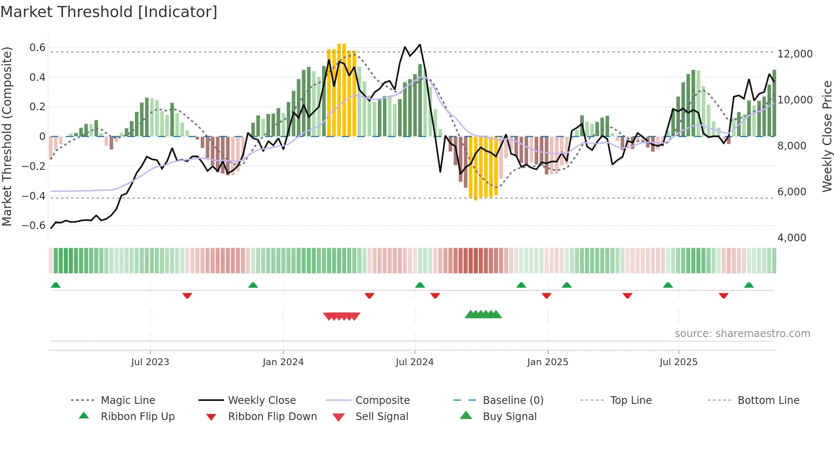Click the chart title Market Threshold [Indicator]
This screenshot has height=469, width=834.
(x=109, y=12)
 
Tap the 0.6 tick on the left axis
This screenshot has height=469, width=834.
(x=37, y=48)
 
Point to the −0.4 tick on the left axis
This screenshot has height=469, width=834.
(x=34, y=196)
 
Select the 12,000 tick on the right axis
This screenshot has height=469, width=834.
(x=795, y=54)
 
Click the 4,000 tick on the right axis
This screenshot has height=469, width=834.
(x=791, y=238)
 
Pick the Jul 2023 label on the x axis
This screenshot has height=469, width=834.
(x=150, y=362)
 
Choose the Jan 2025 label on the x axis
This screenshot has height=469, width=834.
(x=548, y=362)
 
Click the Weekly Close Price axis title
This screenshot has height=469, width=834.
(x=827, y=136)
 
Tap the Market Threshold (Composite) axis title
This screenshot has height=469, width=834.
(x=7, y=136)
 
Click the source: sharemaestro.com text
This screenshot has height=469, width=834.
(x=742, y=334)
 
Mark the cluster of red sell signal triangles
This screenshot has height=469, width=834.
(x=342, y=316)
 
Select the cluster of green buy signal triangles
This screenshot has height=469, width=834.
(x=483, y=315)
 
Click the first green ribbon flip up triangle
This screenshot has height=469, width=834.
(x=56, y=285)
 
